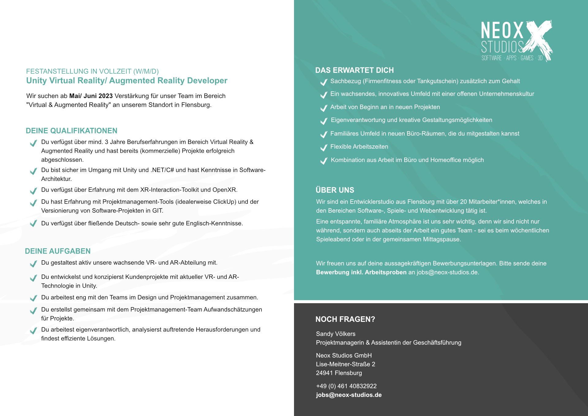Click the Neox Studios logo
click(x=516, y=41)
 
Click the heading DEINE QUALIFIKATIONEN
click(x=71, y=131)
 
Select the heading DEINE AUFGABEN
click(x=58, y=251)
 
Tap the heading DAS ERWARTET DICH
click(x=354, y=70)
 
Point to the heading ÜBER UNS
click(x=335, y=190)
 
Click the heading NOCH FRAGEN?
click(x=345, y=319)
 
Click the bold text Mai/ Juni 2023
click(x=91, y=96)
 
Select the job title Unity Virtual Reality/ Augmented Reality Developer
click(x=126, y=81)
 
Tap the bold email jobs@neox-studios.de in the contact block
click(x=349, y=395)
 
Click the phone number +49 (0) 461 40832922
click(x=346, y=386)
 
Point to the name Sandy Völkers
click(x=336, y=334)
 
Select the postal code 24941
click(x=324, y=373)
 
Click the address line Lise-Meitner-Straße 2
click(x=345, y=364)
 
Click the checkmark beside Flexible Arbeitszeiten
click(x=324, y=148)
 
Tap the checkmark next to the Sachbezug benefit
click(x=324, y=82)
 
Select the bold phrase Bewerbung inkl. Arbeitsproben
click(x=361, y=272)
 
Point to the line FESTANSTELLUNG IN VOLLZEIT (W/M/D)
click(x=92, y=71)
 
